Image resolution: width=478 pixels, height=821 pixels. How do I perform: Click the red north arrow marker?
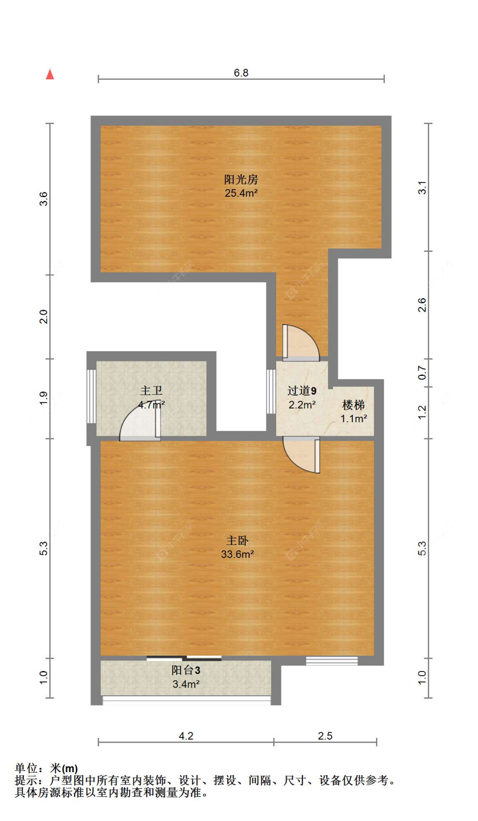pos(50,74)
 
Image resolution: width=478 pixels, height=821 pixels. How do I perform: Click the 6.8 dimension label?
pos(240,73)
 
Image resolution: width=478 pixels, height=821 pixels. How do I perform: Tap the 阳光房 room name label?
pos(240,179)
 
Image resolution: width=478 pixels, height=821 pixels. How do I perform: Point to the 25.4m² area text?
pos(240,193)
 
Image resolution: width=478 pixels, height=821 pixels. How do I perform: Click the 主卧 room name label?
pos(237,540)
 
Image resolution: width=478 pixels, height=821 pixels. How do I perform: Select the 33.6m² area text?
pos(237,554)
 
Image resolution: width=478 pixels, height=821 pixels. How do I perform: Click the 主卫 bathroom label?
pos(151,390)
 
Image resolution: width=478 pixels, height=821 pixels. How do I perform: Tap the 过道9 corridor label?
pos(301,391)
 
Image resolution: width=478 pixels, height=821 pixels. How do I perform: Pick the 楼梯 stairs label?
pos(353,405)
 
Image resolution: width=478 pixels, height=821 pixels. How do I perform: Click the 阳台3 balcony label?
pos(186,670)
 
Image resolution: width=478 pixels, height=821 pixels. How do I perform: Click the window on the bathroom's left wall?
pos(91,396)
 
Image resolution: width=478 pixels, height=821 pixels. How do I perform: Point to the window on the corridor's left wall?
pos(271,391)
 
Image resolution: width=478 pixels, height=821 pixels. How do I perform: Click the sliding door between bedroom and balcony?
pos(184,658)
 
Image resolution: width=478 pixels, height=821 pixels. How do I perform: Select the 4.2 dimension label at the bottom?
pos(186,736)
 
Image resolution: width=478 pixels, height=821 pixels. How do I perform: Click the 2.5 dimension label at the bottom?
pos(325,736)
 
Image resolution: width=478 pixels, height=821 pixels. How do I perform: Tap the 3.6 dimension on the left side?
pos(43,199)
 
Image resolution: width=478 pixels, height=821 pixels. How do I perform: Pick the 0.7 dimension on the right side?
pos(421,372)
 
